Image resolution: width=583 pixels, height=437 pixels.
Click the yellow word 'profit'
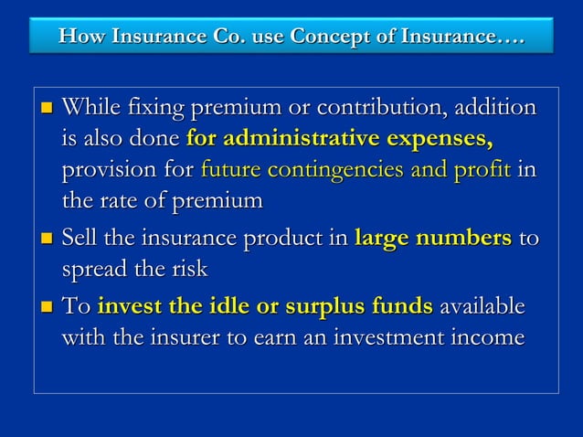click(484, 171)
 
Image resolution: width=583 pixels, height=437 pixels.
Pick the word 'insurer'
click(182, 337)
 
